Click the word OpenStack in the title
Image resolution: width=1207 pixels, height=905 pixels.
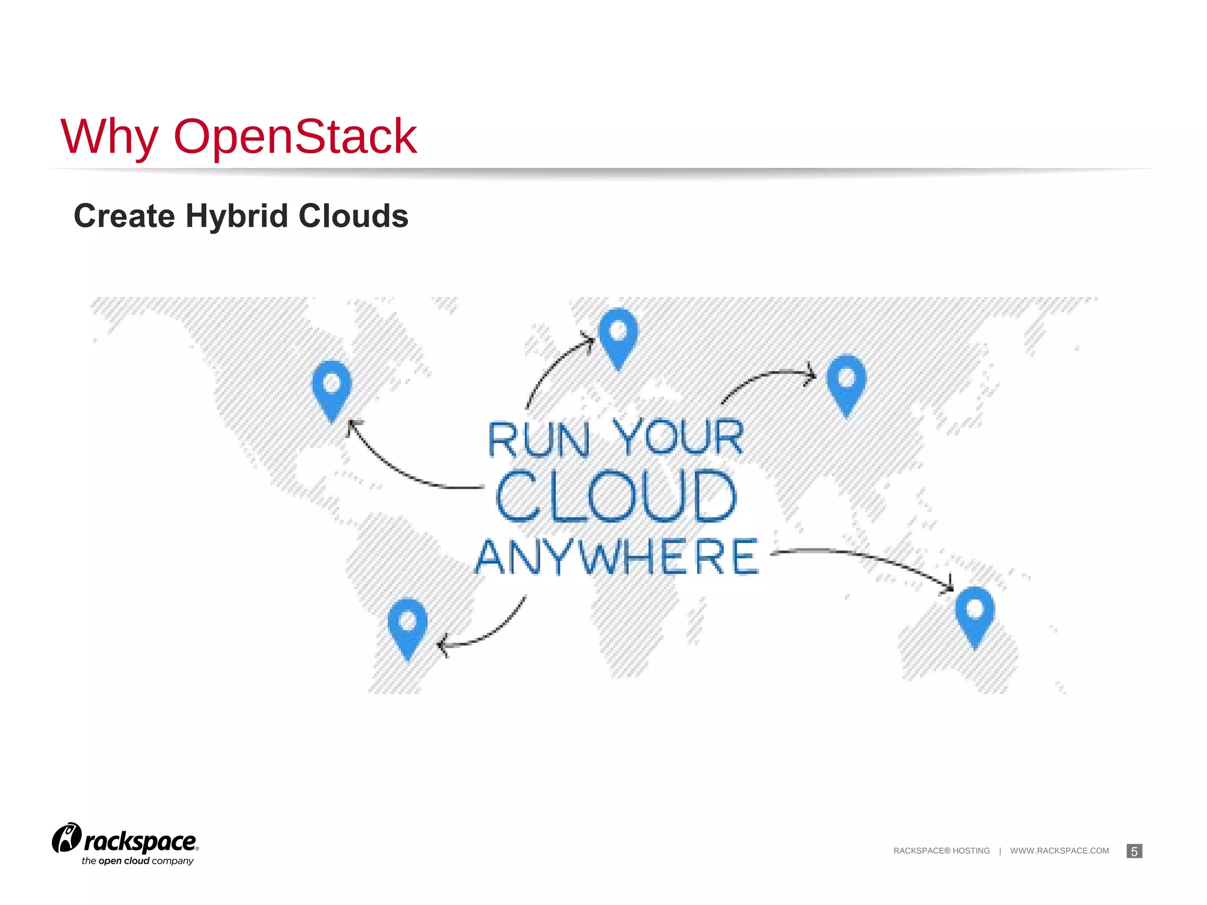tap(295, 137)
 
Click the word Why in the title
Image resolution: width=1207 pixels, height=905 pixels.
tap(109, 137)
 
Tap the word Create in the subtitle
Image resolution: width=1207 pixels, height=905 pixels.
tap(124, 216)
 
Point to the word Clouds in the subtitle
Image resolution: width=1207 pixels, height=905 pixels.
tap(353, 216)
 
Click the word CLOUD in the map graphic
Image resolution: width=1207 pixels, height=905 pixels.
tap(616, 496)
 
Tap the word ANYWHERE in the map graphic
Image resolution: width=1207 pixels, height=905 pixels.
tap(617, 557)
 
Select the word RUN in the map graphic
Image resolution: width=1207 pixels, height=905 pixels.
tap(538, 440)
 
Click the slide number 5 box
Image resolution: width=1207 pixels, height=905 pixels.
tap(1134, 851)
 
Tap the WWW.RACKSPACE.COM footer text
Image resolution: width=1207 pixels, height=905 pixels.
tap(1059, 851)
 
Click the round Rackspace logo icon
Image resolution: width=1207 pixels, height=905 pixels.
tap(67, 838)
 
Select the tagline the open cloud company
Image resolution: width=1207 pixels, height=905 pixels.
tap(137, 861)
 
